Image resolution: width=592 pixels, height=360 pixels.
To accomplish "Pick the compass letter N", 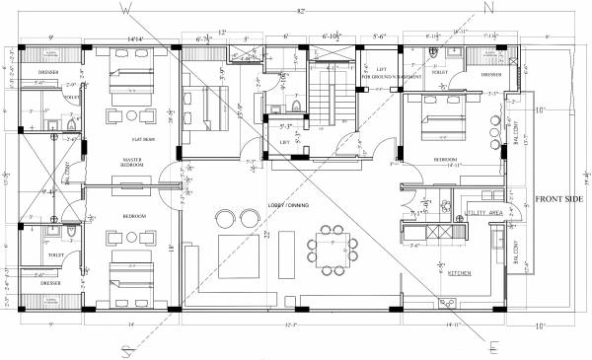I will click(x=486, y=7).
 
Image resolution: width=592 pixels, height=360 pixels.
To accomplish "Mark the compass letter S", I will click(x=126, y=348).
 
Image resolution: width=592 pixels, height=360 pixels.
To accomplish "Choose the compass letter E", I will click(x=492, y=345).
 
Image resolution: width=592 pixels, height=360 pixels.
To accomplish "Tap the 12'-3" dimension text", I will click(x=292, y=324).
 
